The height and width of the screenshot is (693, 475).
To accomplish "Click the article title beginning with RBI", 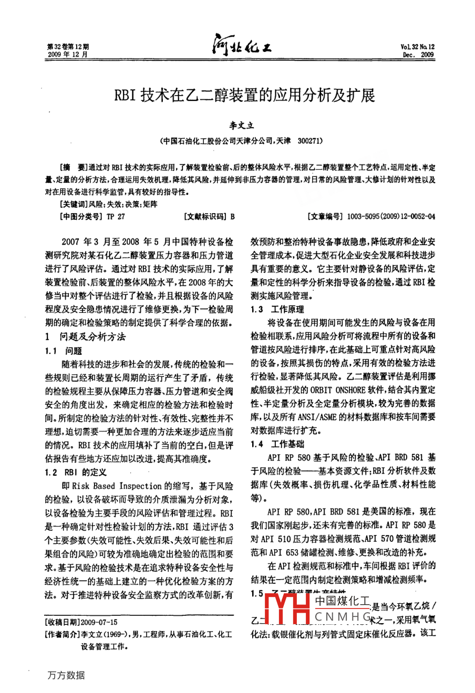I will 243,95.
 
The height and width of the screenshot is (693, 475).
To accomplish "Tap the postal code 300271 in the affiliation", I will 309,141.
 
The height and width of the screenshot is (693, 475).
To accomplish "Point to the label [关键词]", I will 73,204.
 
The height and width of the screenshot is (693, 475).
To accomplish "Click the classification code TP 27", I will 116,216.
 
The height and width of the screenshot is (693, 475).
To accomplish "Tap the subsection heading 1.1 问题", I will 64,351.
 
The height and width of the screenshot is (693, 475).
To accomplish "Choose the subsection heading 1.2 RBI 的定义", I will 76,472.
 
